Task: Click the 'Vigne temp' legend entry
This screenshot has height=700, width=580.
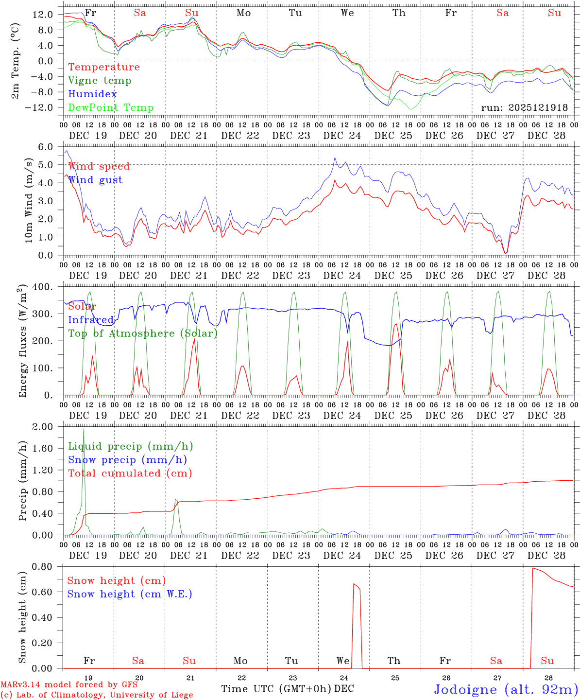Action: (100, 81)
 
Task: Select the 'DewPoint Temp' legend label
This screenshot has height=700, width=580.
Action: (111, 108)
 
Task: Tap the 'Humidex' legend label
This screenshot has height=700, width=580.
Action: (92, 94)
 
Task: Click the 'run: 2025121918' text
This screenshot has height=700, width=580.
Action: (524, 108)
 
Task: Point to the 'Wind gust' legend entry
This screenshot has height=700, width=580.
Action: (95, 180)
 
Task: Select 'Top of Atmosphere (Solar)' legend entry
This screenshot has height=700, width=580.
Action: (143, 333)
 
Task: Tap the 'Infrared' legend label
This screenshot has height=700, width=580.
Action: (91, 320)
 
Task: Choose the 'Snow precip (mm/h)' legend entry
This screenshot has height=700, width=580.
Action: (127, 460)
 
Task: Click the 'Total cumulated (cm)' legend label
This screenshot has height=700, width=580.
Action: (130, 473)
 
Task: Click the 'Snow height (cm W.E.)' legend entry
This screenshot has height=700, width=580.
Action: (129, 594)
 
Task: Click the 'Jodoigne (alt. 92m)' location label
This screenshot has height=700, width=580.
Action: (506, 689)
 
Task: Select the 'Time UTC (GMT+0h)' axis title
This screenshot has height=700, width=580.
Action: (276, 689)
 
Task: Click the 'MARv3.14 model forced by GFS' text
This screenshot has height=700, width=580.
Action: (69, 685)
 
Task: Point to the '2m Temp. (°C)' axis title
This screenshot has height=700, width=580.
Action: (15, 61)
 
